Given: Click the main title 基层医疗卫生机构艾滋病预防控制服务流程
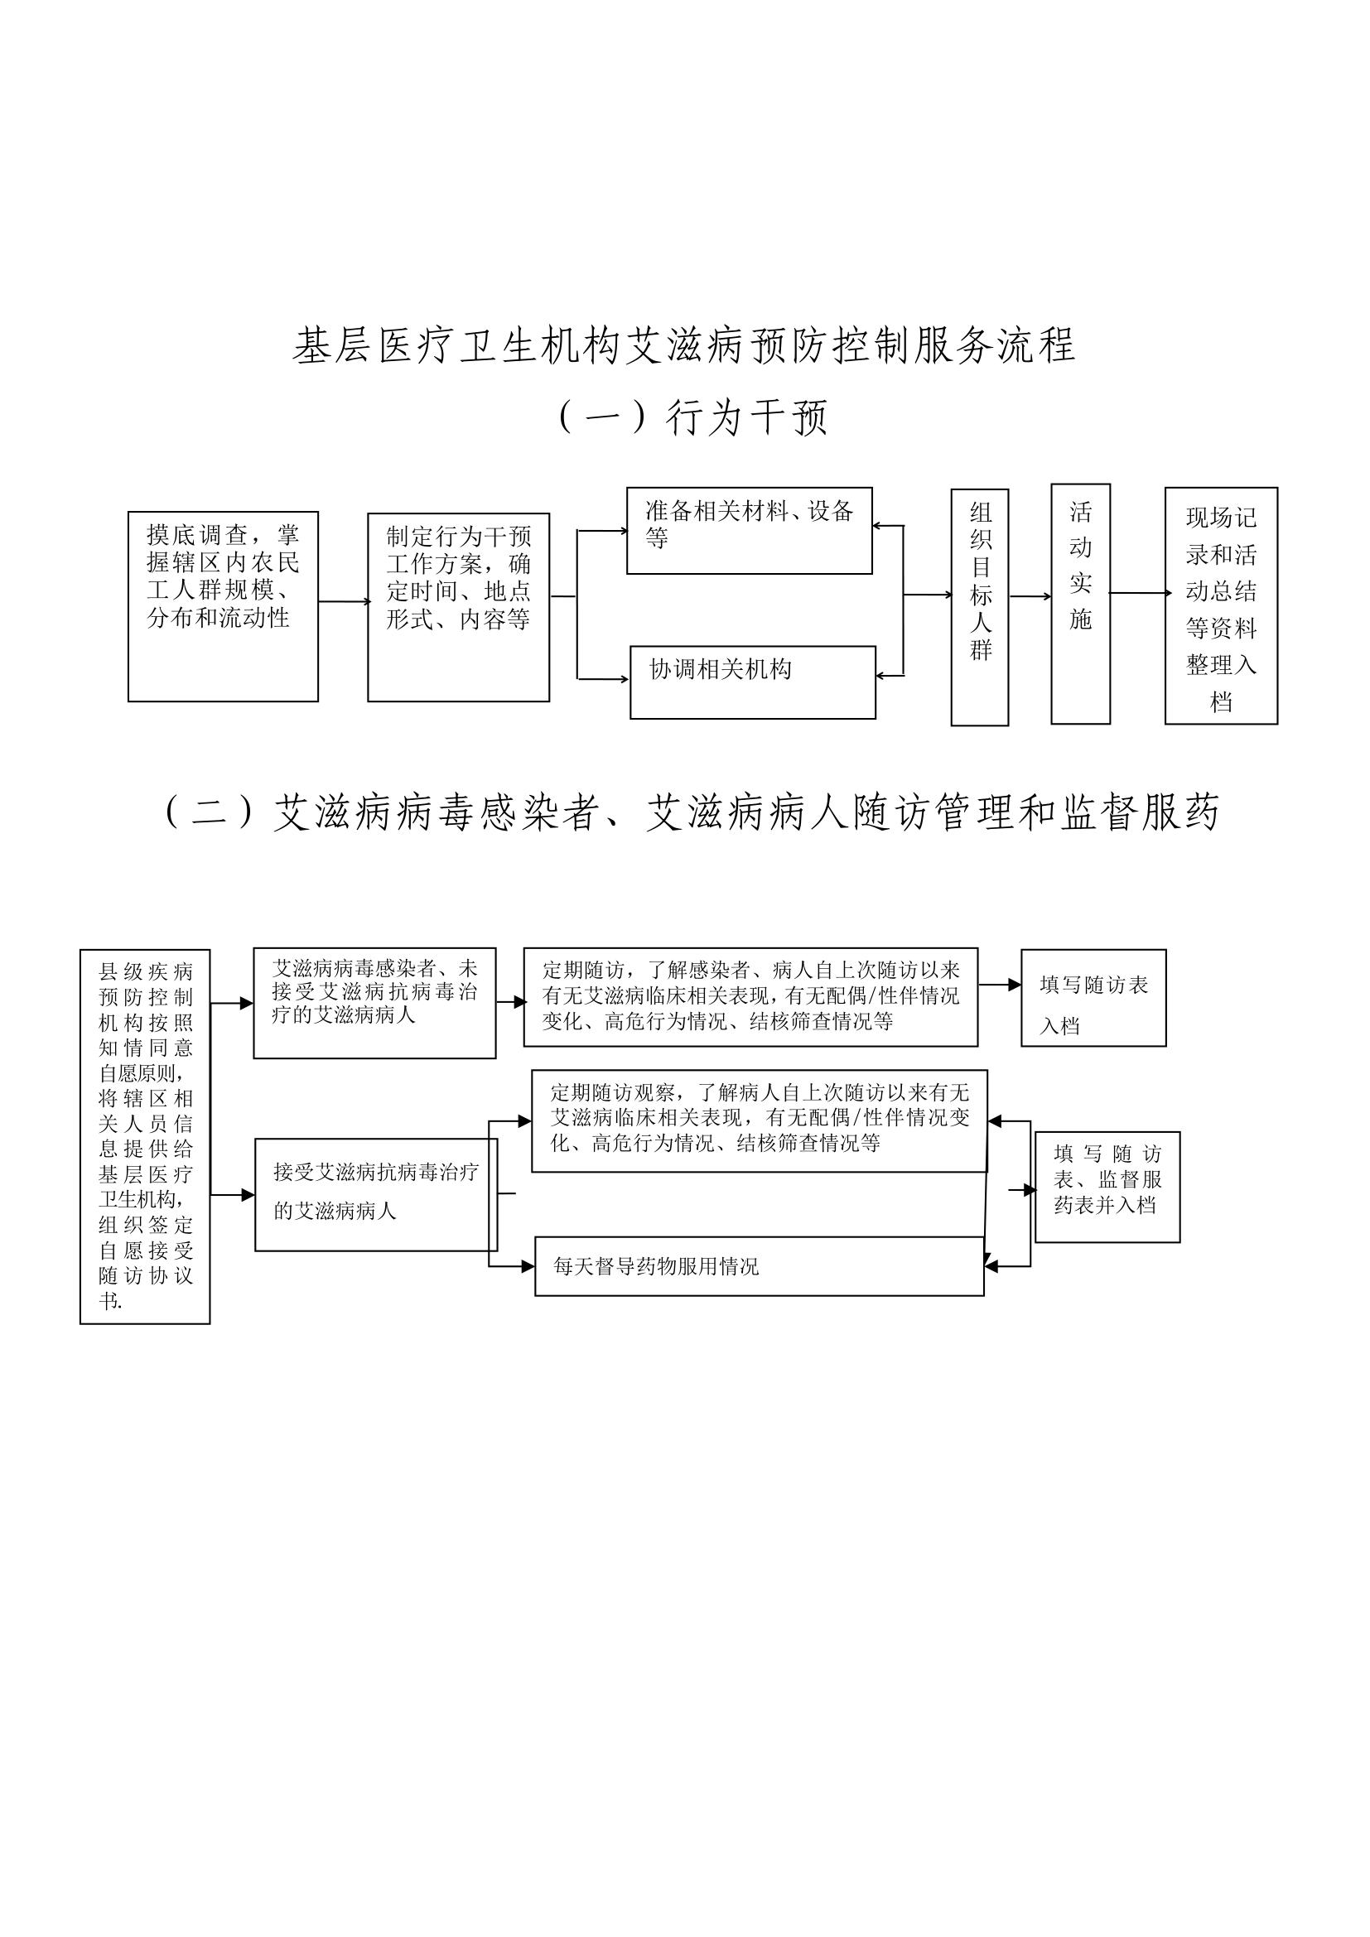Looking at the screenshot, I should [x=684, y=345].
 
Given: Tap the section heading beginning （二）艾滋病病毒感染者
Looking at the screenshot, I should [x=690, y=812].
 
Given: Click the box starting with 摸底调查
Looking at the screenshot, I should [x=223, y=605].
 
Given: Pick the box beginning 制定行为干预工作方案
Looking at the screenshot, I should [x=458, y=606].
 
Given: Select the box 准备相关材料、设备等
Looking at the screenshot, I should [x=749, y=531].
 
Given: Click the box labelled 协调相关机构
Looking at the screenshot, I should [x=752, y=682].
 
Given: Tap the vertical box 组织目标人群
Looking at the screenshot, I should [x=979, y=606].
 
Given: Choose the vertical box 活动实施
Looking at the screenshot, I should [x=1080, y=603].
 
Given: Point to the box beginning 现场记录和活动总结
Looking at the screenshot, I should [x=1221, y=605].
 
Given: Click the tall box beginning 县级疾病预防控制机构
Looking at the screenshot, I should [x=145, y=1136].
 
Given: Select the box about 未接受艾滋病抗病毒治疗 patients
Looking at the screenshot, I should [x=374, y=1002].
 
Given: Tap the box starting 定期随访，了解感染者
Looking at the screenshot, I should [x=750, y=997].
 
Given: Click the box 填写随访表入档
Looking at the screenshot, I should [x=1093, y=998].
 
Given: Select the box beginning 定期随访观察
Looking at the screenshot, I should [x=759, y=1120].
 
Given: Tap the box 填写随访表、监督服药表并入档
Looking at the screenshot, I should [x=1107, y=1186].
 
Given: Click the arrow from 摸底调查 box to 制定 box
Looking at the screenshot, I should [x=344, y=601].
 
